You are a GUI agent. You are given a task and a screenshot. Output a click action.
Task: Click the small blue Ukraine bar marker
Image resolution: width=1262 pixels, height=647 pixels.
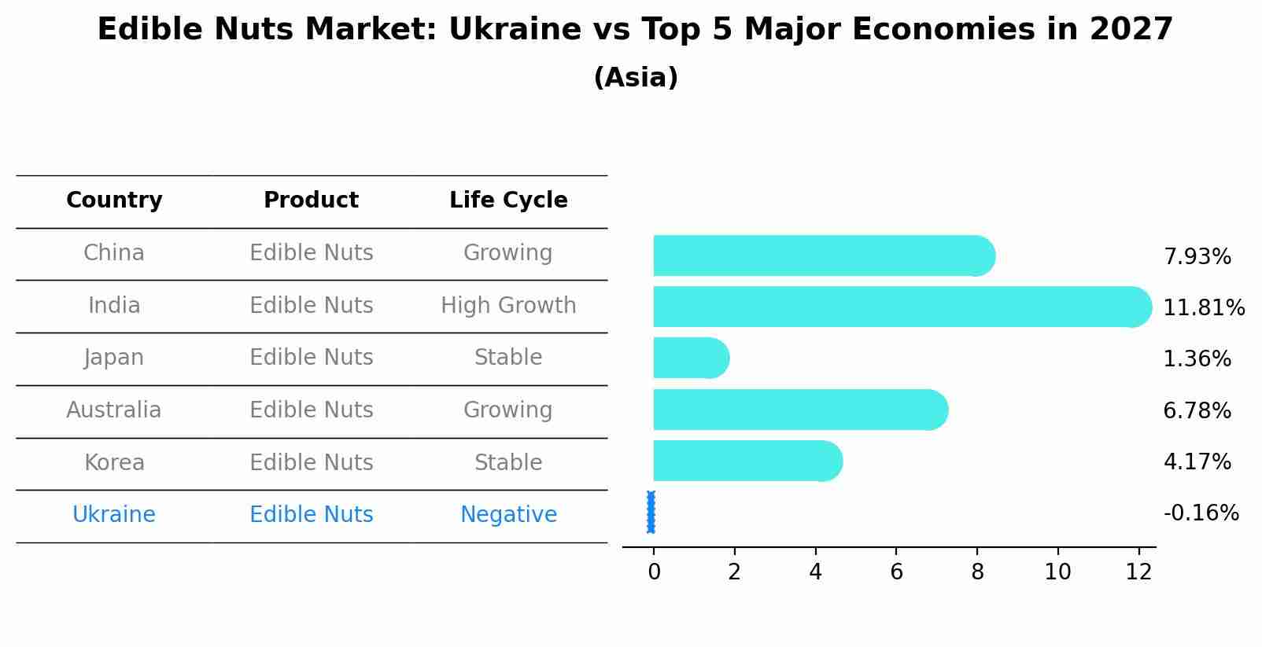click(651, 512)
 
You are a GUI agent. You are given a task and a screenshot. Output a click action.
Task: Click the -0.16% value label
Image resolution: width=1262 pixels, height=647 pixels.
click(1201, 513)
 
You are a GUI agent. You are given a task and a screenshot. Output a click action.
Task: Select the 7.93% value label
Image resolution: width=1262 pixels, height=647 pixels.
click(1197, 257)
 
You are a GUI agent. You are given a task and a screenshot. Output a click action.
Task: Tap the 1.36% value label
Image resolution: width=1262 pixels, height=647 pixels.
click(1197, 359)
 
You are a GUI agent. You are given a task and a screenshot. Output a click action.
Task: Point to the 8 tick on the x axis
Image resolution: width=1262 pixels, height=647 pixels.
click(977, 572)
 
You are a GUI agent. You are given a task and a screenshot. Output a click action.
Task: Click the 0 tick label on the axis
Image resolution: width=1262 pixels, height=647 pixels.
click(654, 572)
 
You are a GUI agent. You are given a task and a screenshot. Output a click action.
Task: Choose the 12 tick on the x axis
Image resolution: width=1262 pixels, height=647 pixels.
click(1138, 572)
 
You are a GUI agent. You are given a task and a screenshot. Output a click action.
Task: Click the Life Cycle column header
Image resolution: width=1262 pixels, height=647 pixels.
click(508, 200)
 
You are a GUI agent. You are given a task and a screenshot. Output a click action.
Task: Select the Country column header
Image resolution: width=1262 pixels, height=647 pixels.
click(114, 200)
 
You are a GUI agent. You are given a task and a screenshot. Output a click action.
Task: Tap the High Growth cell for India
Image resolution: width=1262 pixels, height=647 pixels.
click(508, 306)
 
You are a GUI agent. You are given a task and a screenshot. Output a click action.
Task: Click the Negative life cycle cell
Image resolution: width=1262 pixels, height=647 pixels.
click(508, 515)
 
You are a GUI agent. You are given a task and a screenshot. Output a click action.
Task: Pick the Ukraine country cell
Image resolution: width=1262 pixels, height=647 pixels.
click(114, 515)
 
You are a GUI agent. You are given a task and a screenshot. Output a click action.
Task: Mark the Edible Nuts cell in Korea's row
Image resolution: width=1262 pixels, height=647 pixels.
click(311, 463)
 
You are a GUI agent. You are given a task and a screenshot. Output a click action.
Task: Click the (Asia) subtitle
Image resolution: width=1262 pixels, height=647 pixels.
click(636, 78)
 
